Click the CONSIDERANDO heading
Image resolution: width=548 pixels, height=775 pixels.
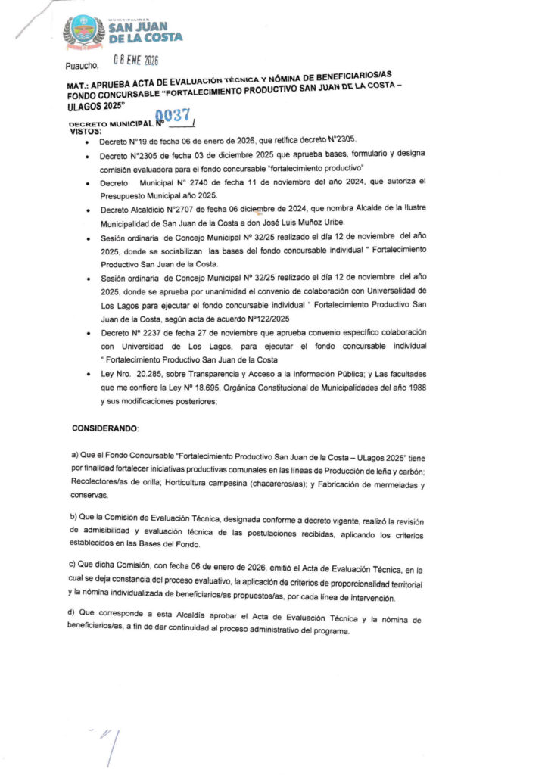point(105,428)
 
